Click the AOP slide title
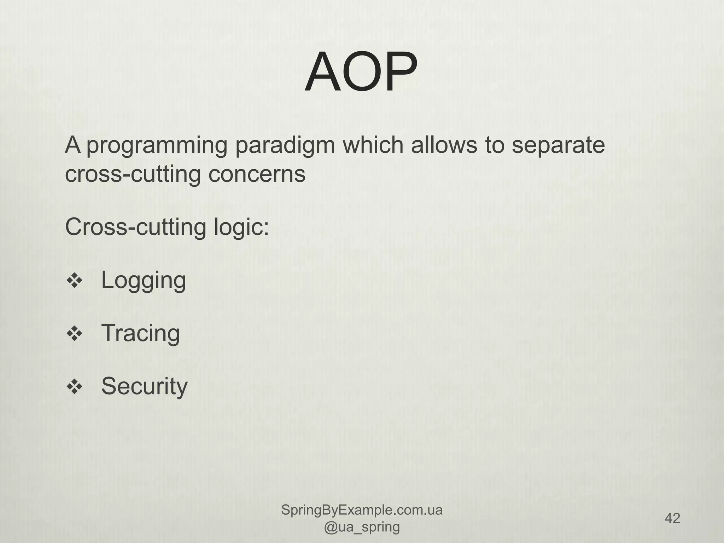point(361,72)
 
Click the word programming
point(157,146)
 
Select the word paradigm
point(285,146)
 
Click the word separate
point(558,146)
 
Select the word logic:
point(241,227)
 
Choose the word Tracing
point(141,333)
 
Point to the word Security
point(144,386)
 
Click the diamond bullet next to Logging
point(75,281)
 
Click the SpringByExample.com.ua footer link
point(362,510)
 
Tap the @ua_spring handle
point(362,527)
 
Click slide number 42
point(672,518)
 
